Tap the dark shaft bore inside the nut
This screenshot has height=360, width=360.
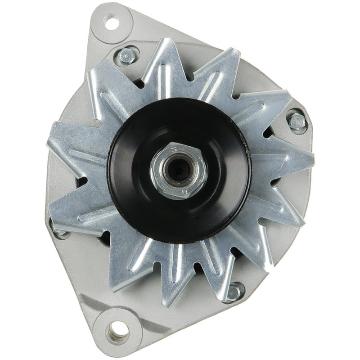coord(180,170)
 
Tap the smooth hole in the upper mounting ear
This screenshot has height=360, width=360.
coord(111,22)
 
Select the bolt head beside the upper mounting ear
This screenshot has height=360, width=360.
coord(127,56)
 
